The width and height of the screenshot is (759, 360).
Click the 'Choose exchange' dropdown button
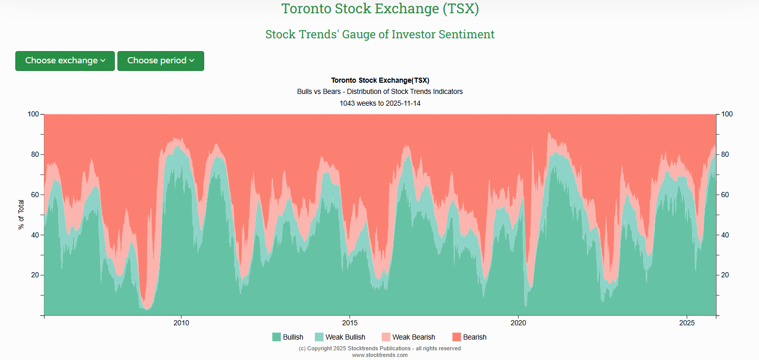pyautogui.click(x=65, y=61)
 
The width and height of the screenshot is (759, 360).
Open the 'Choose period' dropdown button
pyautogui.click(x=160, y=61)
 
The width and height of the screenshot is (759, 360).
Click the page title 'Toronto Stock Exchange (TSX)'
pyautogui.click(x=380, y=9)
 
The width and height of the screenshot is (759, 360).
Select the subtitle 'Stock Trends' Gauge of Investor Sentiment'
pyautogui.click(x=380, y=34)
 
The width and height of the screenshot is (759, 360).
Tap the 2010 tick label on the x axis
pyautogui.click(x=181, y=323)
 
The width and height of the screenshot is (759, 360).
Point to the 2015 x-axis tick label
pyautogui.click(x=350, y=323)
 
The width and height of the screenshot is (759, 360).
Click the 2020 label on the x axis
pyautogui.click(x=518, y=323)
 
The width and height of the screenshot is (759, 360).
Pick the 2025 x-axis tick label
pyautogui.click(x=687, y=323)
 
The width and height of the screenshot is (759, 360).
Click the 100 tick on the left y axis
pyautogui.click(x=33, y=114)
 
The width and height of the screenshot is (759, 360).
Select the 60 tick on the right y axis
pyautogui.click(x=725, y=195)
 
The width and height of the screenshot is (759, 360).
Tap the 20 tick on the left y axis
pyautogui.click(x=34, y=275)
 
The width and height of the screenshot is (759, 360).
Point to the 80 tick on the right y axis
pyautogui.click(x=725, y=154)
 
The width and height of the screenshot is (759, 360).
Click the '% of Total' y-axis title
pyautogui.click(x=21, y=214)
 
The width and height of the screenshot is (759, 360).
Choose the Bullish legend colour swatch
pyautogui.click(x=277, y=337)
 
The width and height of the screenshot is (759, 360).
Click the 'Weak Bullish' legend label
pyautogui.click(x=345, y=337)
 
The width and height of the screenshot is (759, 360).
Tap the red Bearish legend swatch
pyautogui.click(x=457, y=337)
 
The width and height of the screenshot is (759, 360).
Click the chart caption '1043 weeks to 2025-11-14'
pyautogui.click(x=380, y=103)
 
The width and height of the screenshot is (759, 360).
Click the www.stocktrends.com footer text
pyautogui.click(x=380, y=355)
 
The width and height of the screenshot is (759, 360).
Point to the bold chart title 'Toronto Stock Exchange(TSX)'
pyautogui.click(x=380, y=80)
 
